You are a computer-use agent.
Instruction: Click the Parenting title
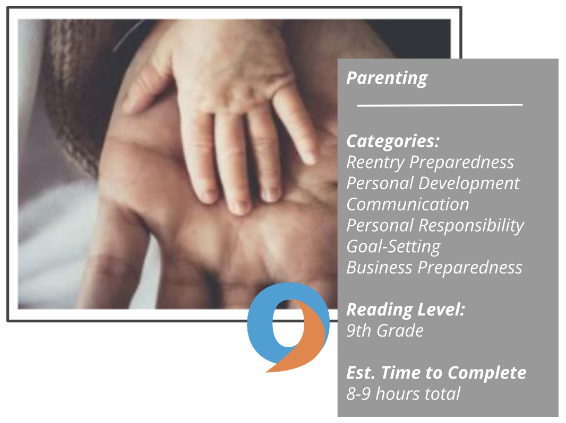(x=387, y=78)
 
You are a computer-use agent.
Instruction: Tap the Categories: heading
(x=393, y=141)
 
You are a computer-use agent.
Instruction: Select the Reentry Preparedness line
(x=430, y=163)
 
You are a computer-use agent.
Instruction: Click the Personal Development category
(x=433, y=183)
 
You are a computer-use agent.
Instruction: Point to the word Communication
(x=408, y=204)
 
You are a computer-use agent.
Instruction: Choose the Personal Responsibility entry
(x=435, y=226)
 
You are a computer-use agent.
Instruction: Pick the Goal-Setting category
(x=393, y=247)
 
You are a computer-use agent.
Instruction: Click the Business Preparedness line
(x=434, y=268)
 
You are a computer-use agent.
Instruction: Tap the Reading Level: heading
(x=406, y=310)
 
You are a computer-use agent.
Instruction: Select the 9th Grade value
(x=385, y=331)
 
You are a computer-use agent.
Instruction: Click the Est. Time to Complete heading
(x=436, y=373)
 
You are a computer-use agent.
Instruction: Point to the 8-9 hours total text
(x=403, y=394)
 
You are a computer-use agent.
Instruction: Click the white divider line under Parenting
(x=440, y=105)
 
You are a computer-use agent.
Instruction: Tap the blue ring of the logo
(x=260, y=324)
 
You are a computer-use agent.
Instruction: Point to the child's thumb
(x=144, y=94)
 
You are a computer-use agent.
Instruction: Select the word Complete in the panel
(x=487, y=373)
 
